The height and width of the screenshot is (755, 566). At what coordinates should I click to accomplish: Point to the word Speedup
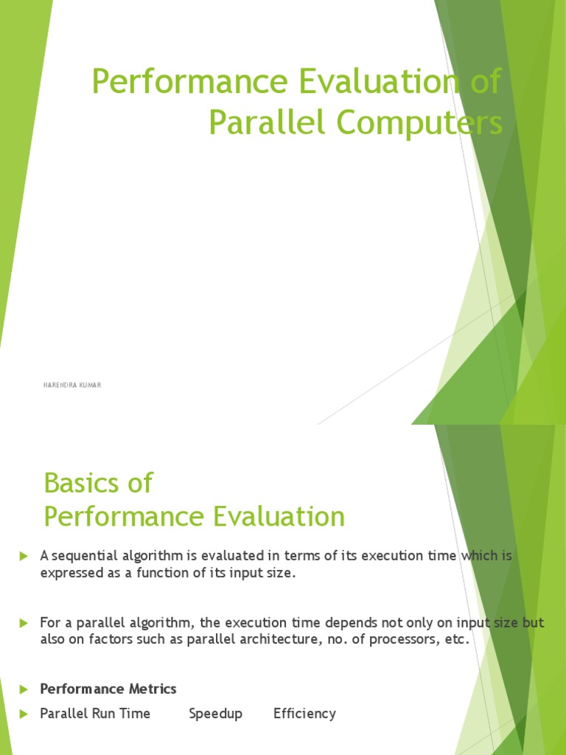[215, 714]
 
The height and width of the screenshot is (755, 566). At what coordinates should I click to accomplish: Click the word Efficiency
[304, 714]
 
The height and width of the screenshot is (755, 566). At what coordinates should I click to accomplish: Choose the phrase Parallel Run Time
[95, 714]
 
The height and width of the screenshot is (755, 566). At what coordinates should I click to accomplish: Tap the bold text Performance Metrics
[108, 689]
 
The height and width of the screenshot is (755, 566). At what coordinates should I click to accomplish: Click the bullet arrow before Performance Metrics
[24, 689]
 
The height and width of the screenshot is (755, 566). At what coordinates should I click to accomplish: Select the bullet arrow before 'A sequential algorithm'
[24, 555]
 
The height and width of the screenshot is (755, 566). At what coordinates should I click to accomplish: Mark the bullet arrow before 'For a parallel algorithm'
[24, 624]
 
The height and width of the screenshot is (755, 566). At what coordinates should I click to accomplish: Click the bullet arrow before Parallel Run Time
[24, 714]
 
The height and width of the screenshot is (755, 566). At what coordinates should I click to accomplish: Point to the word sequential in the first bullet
[81, 555]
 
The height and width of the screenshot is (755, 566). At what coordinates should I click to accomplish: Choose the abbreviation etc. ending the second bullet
[455, 640]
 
